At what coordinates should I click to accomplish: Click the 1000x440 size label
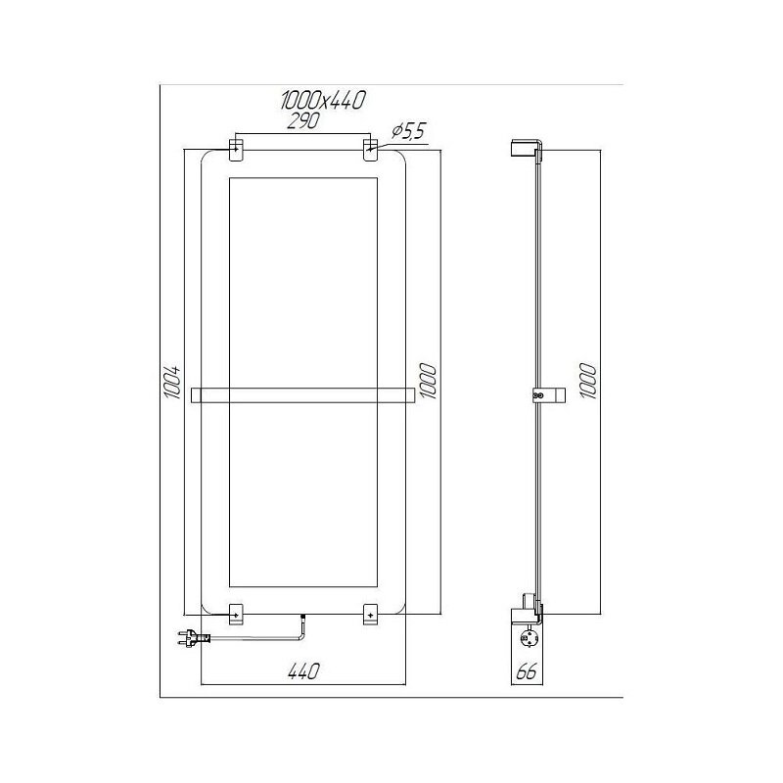(x=323, y=101)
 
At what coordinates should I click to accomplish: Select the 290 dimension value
(x=303, y=121)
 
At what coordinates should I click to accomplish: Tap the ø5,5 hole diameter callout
(x=407, y=132)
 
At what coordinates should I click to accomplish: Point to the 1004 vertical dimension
(x=172, y=382)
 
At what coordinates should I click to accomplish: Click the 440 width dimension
(x=303, y=671)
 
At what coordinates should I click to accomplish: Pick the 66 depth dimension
(x=526, y=672)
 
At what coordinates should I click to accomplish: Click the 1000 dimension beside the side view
(x=589, y=381)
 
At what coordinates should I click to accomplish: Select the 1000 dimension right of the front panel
(x=429, y=381)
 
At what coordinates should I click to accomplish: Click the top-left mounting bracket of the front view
(x=236, y=150)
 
